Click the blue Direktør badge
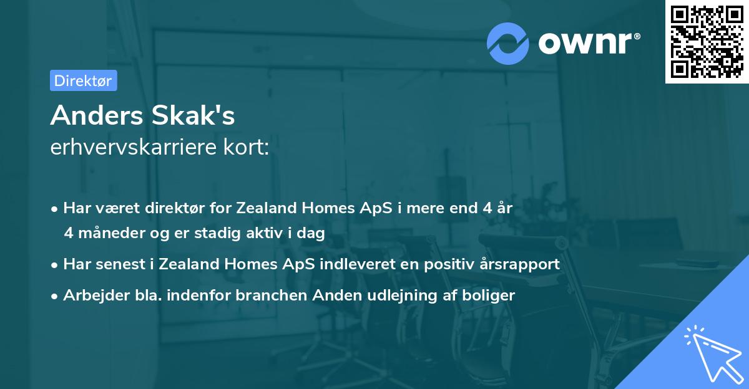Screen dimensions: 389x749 point(83,80)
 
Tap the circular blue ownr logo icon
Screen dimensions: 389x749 point(508,43)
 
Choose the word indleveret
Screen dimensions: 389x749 point(354,264)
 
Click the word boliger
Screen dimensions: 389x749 point(491,295)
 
